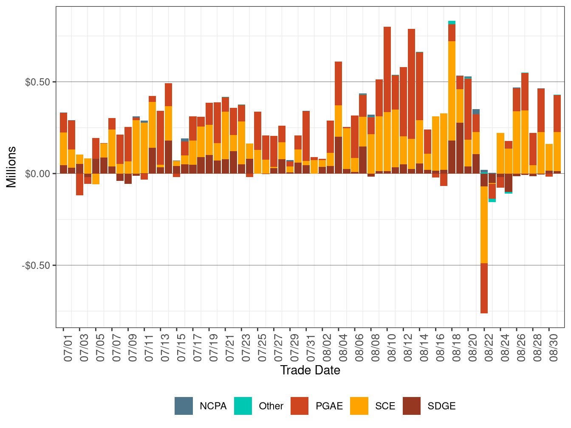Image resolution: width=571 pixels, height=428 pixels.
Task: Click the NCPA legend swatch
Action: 183,406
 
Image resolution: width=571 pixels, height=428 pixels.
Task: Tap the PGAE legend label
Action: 329,406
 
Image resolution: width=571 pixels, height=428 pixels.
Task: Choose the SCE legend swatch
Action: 359,406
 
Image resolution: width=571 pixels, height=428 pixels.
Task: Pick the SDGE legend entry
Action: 441,406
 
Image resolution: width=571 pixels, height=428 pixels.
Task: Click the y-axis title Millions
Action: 11,167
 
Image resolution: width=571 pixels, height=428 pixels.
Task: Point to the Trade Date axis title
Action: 310,370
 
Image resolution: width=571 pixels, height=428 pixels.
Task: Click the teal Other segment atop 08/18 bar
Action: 452,23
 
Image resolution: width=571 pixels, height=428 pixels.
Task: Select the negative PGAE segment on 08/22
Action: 484,288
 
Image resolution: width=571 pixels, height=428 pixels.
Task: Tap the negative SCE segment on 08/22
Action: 484,225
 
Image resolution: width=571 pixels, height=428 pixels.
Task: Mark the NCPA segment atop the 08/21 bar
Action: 476,112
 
